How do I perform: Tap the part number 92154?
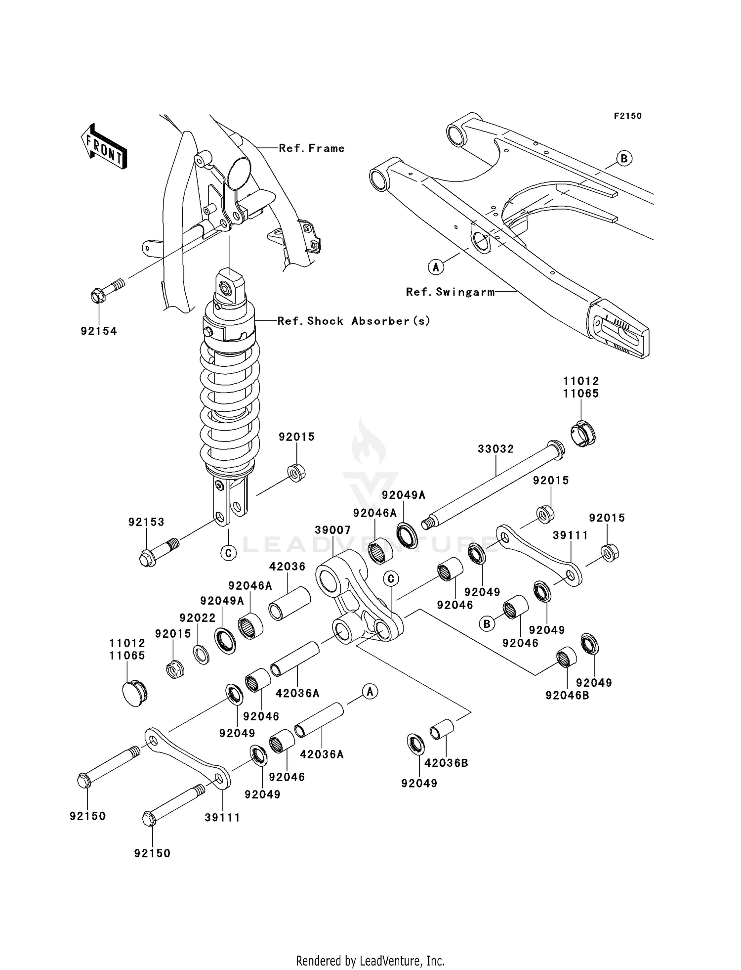(x=99, y=331)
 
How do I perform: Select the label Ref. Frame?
(x=312, y=148)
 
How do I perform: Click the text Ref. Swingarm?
(x=450, y=292)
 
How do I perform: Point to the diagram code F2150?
(x=627, y=116)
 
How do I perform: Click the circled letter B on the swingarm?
(x=624, y=159)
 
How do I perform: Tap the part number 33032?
(x=495, y=449)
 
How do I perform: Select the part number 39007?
(x=332, y=530)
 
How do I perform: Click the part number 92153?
(x=146, y=522)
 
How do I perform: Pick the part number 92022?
(x=198, y=618)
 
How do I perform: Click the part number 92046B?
(x=567, y=695)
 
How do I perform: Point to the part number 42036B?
(x=446, y=763)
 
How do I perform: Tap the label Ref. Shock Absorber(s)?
(x=354, y=321)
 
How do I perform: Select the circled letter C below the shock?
(x=228, y=553)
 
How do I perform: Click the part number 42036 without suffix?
(x=287, y=567)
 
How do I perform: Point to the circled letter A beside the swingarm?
(x=435, y=267)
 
